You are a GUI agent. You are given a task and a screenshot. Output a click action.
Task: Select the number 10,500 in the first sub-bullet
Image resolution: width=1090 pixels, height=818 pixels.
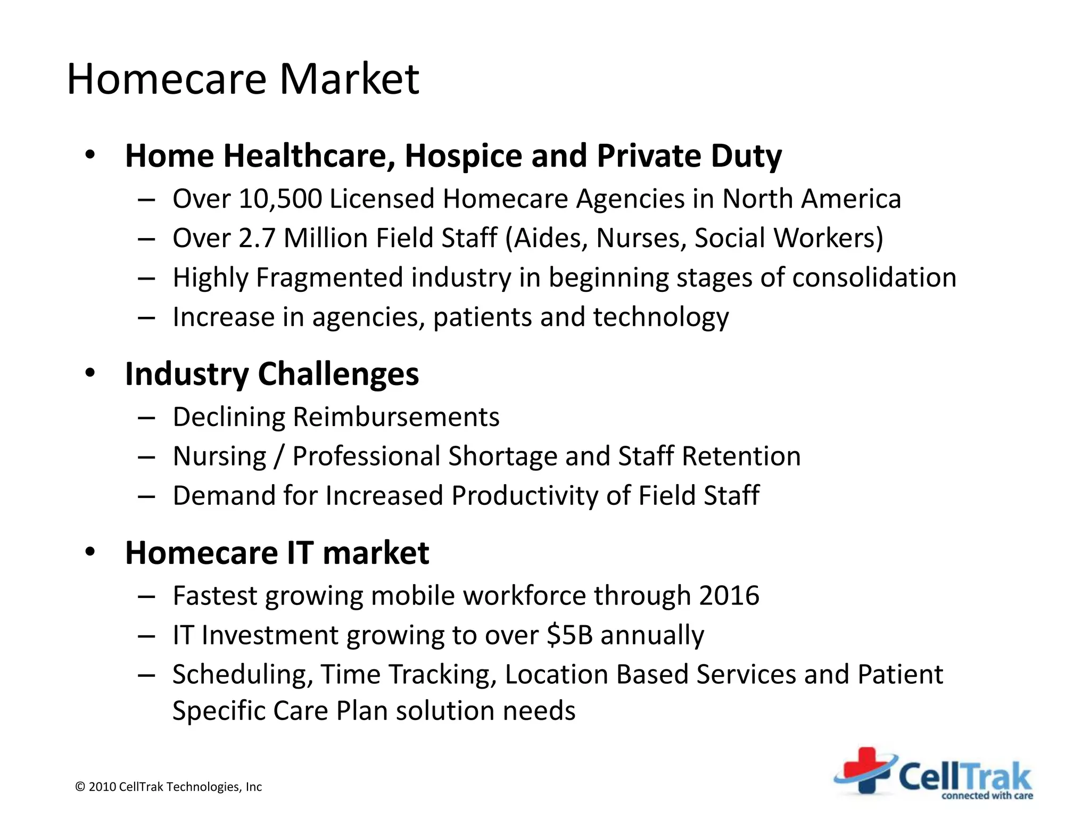point(280,199)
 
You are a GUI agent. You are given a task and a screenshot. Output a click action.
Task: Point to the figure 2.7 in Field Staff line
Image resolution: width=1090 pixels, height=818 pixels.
point(257,238)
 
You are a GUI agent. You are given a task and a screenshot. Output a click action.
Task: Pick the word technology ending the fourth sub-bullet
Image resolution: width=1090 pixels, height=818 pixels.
point(660,317)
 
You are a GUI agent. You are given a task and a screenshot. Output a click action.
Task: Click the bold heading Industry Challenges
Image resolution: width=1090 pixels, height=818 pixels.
point(271,374)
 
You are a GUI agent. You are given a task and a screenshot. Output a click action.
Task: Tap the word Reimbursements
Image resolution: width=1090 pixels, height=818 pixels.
point(396,417)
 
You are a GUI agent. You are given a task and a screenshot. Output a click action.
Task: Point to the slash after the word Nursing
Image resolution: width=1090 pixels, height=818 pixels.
point(279,457)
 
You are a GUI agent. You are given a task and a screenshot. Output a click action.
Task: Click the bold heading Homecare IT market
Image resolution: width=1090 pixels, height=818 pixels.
point(277,553)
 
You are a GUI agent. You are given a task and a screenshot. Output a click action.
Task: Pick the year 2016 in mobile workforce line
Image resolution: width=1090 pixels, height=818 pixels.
point(729,595)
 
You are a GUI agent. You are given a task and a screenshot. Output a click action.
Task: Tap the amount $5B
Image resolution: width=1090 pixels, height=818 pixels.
point(569,635)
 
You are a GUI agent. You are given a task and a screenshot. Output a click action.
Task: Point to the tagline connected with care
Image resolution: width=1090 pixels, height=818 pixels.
point(987,796)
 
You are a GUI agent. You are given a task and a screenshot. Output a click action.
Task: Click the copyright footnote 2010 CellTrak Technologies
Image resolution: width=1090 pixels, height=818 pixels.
point(169,787)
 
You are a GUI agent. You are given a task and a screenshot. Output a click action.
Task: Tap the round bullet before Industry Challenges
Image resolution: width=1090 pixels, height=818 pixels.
point(90,373)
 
